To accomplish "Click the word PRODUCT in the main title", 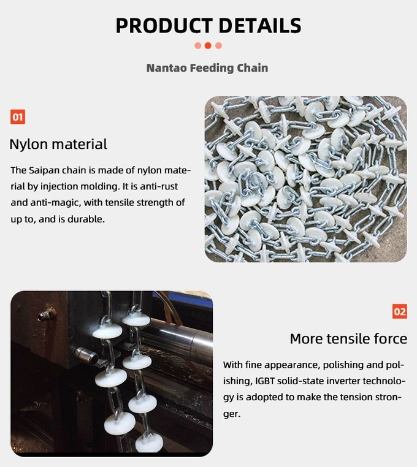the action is (164, 25).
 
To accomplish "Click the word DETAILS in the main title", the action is (260, 25).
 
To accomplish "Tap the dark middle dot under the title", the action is (208, 45).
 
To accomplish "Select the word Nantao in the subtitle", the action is (166, 68).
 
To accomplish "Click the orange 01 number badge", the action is (18, 116).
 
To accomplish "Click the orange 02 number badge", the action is (400, 311).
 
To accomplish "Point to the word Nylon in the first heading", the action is (29, 145).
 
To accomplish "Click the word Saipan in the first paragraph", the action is (44, 170).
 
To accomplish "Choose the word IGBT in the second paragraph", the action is (265, 381).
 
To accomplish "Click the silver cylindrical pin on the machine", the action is (85, 355).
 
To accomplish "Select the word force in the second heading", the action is (390, 339).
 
